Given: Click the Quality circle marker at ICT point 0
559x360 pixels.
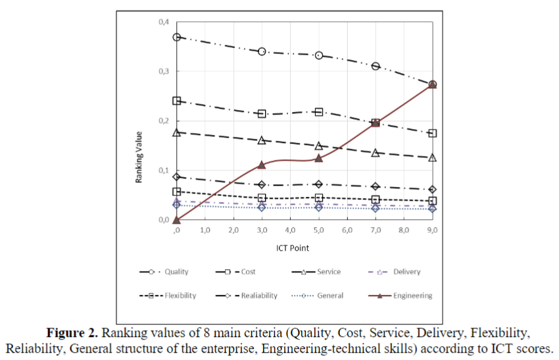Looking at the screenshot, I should click(177, 37).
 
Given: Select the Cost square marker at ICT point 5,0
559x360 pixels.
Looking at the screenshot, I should click(319, 112).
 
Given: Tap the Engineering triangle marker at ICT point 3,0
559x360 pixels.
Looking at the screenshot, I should click(262, 165).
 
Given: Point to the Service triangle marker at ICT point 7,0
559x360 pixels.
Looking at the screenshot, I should click(376, 153).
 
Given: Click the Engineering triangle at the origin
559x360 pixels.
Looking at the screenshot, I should click(177, 220).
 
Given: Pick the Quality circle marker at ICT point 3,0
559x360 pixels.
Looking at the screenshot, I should click(262, 51).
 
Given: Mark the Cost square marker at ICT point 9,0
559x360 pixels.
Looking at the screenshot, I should click(432, 133).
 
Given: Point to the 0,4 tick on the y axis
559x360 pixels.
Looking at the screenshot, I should click(163, 22).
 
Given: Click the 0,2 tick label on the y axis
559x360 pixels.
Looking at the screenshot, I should click(163, 121).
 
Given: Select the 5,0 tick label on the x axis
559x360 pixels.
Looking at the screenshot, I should click(319, 231).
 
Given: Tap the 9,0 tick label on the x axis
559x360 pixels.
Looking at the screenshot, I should click(432, 231).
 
